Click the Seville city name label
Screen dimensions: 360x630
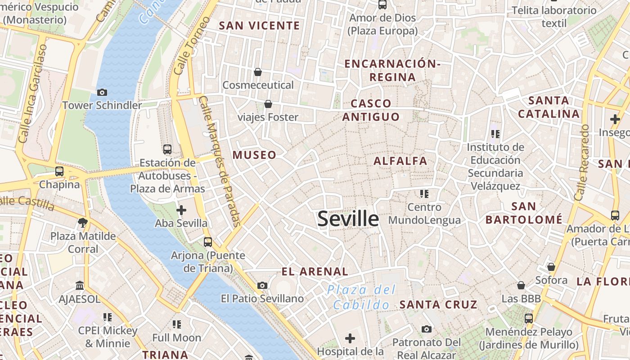[348, 219]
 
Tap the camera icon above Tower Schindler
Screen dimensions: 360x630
[102, 92]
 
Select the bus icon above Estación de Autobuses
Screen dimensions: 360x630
[167, 149]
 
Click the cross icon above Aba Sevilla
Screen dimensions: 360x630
[181, 210]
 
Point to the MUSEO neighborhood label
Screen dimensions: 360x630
[254, 155]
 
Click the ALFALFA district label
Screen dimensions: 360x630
[400, 161]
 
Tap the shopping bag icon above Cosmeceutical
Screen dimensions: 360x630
[258, 72]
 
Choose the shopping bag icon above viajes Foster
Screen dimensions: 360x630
[268, 104]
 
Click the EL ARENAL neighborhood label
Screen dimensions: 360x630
[315, 271]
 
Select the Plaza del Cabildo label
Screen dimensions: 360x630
[361, 297]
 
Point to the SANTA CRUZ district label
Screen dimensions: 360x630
[438, 305]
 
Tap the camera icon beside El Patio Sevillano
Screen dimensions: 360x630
[262, 285]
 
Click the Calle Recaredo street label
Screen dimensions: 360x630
[582, 162]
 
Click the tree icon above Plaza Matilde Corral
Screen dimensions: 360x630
[83, 222]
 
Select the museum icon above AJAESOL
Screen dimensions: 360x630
[80, 285]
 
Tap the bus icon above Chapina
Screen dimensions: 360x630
[59, 171]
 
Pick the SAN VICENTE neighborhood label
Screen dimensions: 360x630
[259, 26]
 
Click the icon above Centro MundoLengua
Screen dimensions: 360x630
[424, 194]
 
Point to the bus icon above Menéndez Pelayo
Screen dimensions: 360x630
[529, 319]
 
